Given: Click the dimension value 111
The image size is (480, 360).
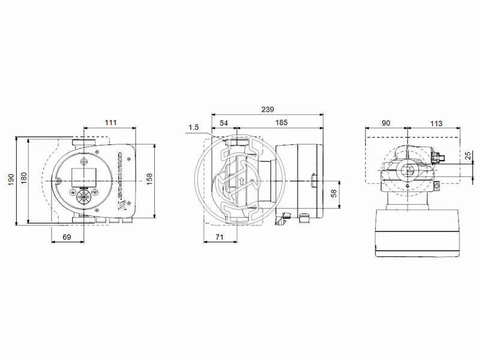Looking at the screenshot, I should pyautogui.click(x=110, y=122).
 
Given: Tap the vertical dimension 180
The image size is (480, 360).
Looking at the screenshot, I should pyautogui.click(x=23, y=178).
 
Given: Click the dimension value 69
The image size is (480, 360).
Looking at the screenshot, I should pyautogui.click(x=67, y=238).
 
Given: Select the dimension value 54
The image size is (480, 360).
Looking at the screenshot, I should pyautogui.click(x=224, y=122).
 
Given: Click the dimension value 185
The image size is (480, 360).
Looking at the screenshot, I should pyautogui.click(x=281, y=122).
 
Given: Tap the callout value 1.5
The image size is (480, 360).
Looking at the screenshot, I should pyautogui.click(x=193, y=127).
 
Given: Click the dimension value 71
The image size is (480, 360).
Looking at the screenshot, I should pyautogui.click(x=220, y=238).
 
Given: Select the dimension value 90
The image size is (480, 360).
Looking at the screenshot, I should pyautogui.click(x=386, y=123).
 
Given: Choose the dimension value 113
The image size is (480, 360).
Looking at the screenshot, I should pyautogui.click(x=436, y=123).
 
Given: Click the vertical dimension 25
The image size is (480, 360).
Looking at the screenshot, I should pyautogui.click(x=467, y=155).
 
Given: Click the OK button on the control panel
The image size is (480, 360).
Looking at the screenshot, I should pyautogui.click(x=83, y=196).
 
